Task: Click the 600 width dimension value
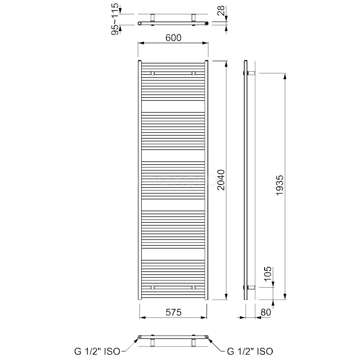(x=173, y=38)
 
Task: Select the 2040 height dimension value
(x=220, y=180)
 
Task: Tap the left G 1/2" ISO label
(x=97, y=351)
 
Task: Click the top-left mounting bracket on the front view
(x=153, y=73)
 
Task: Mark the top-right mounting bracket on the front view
(x=193, y=73)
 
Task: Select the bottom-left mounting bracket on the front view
(x=153, y=287)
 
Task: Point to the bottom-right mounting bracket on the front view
(x=193, y=287)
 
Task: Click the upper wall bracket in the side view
(x=252, y=73)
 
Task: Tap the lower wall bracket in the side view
(x=252, y=287)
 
